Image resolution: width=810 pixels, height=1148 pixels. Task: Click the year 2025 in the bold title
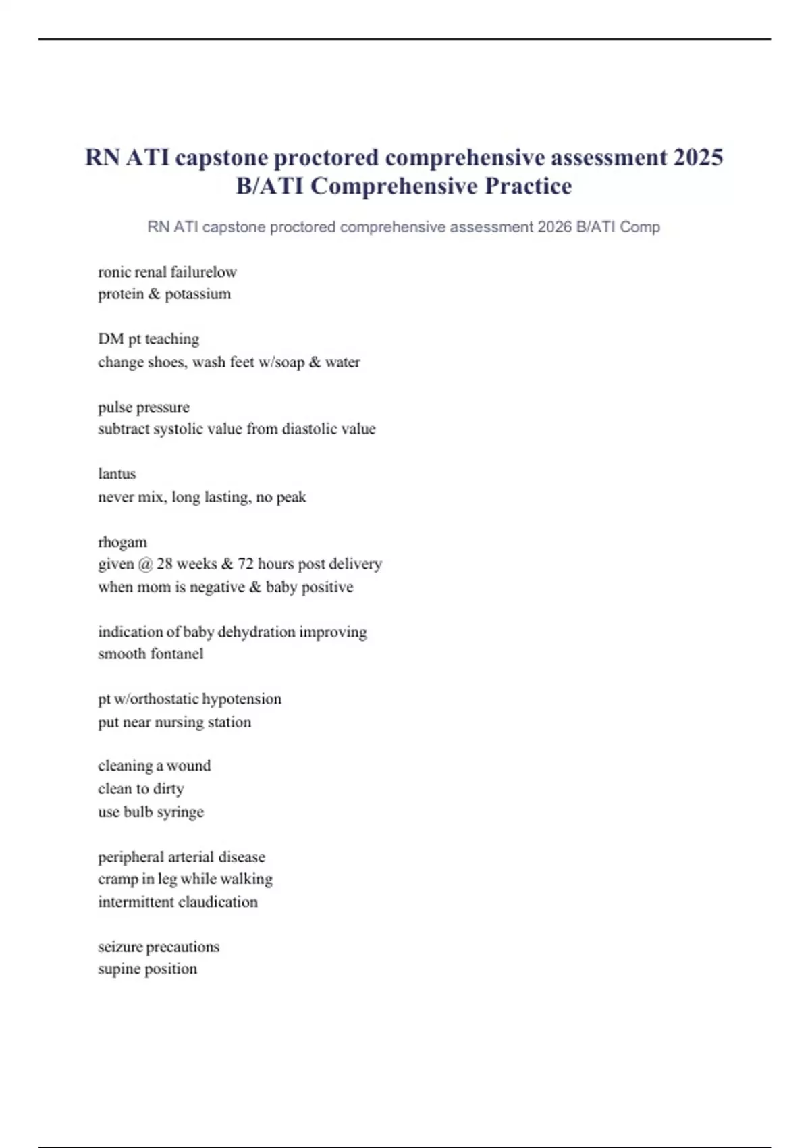coord(698,157)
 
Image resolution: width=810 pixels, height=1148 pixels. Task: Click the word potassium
coord(198,294)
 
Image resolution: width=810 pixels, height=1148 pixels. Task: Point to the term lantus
coord(117,474)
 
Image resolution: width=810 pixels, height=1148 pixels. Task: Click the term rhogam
coord(122,542)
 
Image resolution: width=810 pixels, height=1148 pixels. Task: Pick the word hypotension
coord(241,699)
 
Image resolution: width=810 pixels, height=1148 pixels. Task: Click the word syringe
coord(180,812)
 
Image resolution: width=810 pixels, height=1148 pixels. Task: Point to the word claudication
coord(218,902)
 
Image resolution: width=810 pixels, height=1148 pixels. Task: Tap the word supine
coord(120,970)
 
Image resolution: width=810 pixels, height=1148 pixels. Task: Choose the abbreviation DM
coord(111,339)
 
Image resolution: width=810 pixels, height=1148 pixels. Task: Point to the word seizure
coord(120,947)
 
